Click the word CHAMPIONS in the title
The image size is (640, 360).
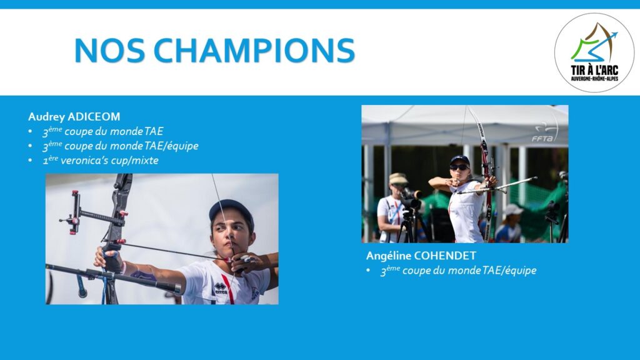pyautogui.click(x=254, y=51)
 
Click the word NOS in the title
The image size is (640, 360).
pyautogui.click(x=109, y=51)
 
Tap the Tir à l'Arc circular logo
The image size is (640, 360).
pyautogui.click(x=594, y=52)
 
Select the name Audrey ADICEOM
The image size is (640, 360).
pyautogui.click(x=74, y=117)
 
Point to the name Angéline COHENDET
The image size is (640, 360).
pyautogui.click(x=421, y=256)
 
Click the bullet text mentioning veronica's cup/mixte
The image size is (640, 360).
pyautogui.click(x=101, y=161)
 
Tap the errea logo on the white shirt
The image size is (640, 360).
pyautogui.click(x=221, y=288)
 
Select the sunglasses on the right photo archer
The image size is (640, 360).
pyautogui.click(x=459, y=167)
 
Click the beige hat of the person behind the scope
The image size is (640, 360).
pyautogui.click(x=397, y=179)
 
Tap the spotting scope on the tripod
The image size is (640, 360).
pyautogui.click(x=409, y=198)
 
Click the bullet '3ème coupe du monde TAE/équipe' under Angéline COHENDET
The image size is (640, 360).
pyautogui.click(x=458, y=270)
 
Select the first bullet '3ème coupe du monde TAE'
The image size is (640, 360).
pyautogui.click(x=103, y=131)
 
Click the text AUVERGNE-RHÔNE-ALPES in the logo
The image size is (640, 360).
pyautogui.click(x=594, y=78)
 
